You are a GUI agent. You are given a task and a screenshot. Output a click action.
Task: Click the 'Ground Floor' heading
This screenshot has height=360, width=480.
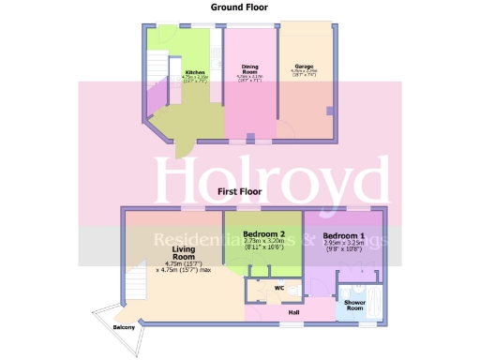tap(239, 7)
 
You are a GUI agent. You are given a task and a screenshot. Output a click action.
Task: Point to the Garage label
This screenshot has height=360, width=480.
tap(305, 67)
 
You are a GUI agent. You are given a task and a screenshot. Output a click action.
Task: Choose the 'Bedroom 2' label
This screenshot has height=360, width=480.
tap(262, 233)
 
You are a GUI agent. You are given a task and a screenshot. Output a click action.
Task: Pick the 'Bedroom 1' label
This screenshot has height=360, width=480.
tap(343, 234)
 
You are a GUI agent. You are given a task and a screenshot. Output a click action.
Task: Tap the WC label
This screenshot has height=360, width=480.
tap(279, 288)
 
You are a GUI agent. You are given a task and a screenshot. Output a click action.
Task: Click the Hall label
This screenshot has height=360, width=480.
tap(293, 311)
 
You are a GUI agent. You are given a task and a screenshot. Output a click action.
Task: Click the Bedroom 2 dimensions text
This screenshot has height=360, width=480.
tap(262, 246)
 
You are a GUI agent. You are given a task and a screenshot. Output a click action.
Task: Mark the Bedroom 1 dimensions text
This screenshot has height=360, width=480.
tap(343, 247)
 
